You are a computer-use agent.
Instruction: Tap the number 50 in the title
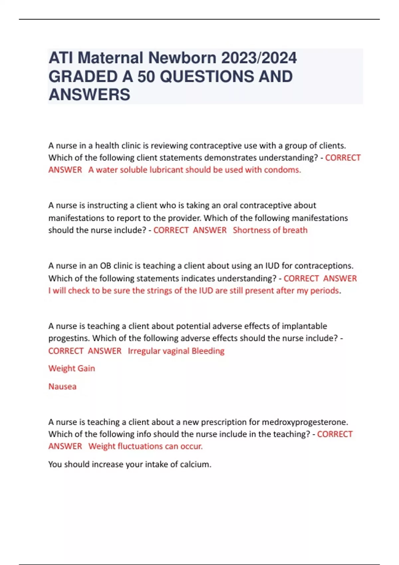(x=146, y=76)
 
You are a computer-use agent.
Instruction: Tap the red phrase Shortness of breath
(x=270, y=230)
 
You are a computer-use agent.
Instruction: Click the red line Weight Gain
(x=71, y=369)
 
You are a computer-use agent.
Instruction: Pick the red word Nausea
(x=62, y=387)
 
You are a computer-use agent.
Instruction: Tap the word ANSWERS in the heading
(x=89, y=95)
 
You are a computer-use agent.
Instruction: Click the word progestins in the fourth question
(x=68, y=338)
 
